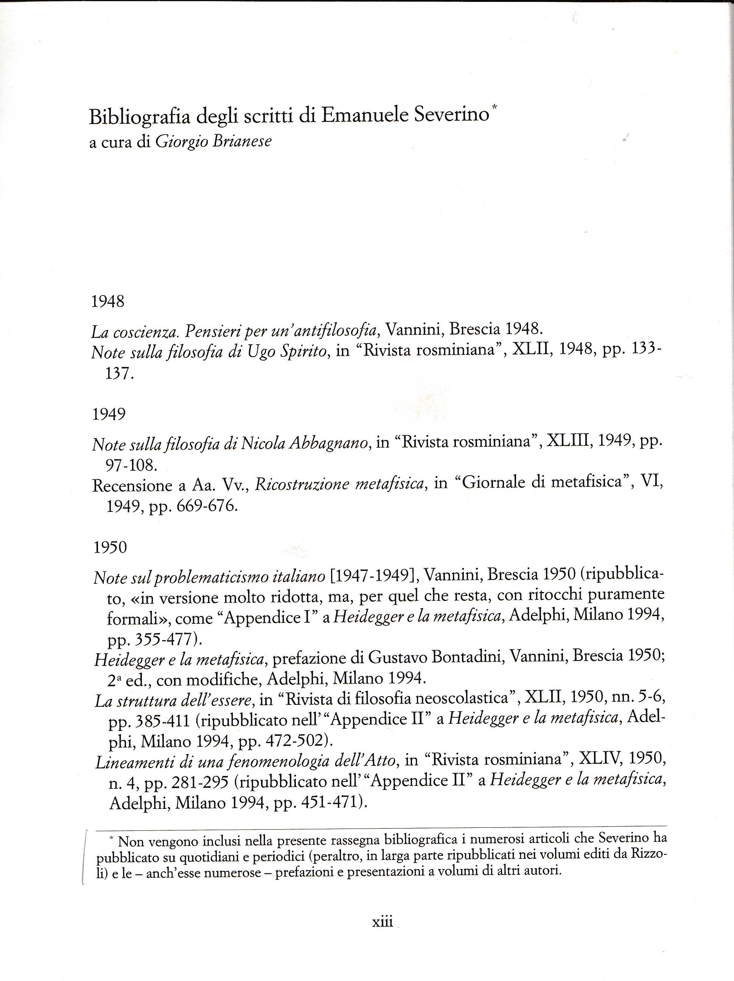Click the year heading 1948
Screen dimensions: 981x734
click(x=108, y=302)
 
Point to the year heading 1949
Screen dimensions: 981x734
click(x=109, y=414)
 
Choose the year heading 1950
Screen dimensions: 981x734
click(x=110, y=547)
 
